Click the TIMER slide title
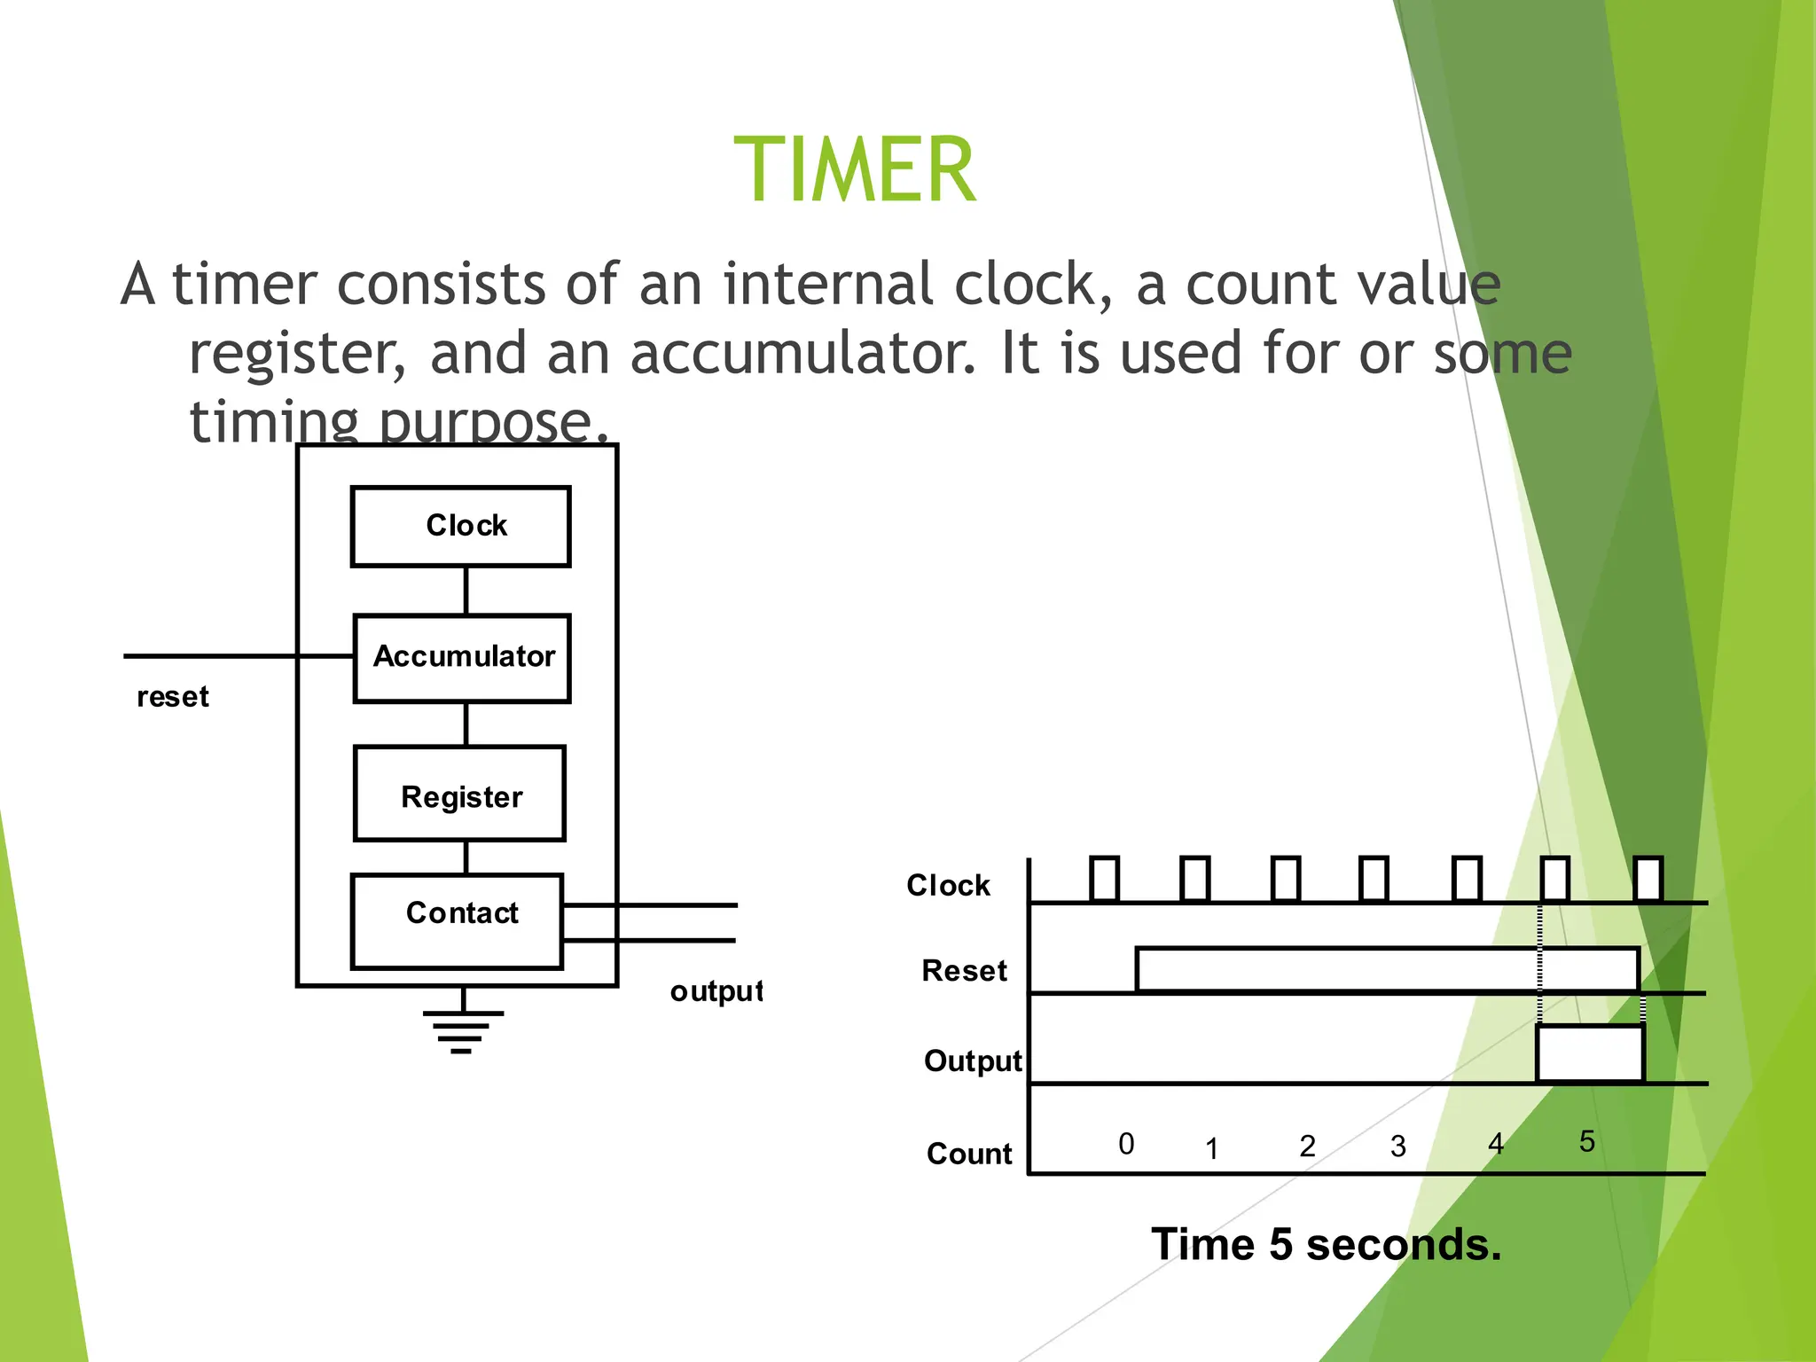click(855, 170)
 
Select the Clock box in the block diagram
click(460, 526)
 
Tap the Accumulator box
click(462, 657)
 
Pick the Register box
click(459, 794)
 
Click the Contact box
click(458, 920)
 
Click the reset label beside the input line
click(173, 697)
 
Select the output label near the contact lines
click(716, 990)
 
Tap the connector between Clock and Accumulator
click(466, 591)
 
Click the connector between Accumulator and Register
click(466, 724)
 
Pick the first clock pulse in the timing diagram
click(1104, 879)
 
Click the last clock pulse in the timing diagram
click(1648, 879)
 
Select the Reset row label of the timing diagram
click(964, 971)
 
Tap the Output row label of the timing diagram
click(973, 1061)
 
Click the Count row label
click(969, 1154)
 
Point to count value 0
click(1126, 1144)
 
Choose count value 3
click(1398, 1147)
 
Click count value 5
click(1587, 1141)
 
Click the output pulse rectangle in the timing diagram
click(1591, 1053)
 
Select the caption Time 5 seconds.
click(1326, 1244)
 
